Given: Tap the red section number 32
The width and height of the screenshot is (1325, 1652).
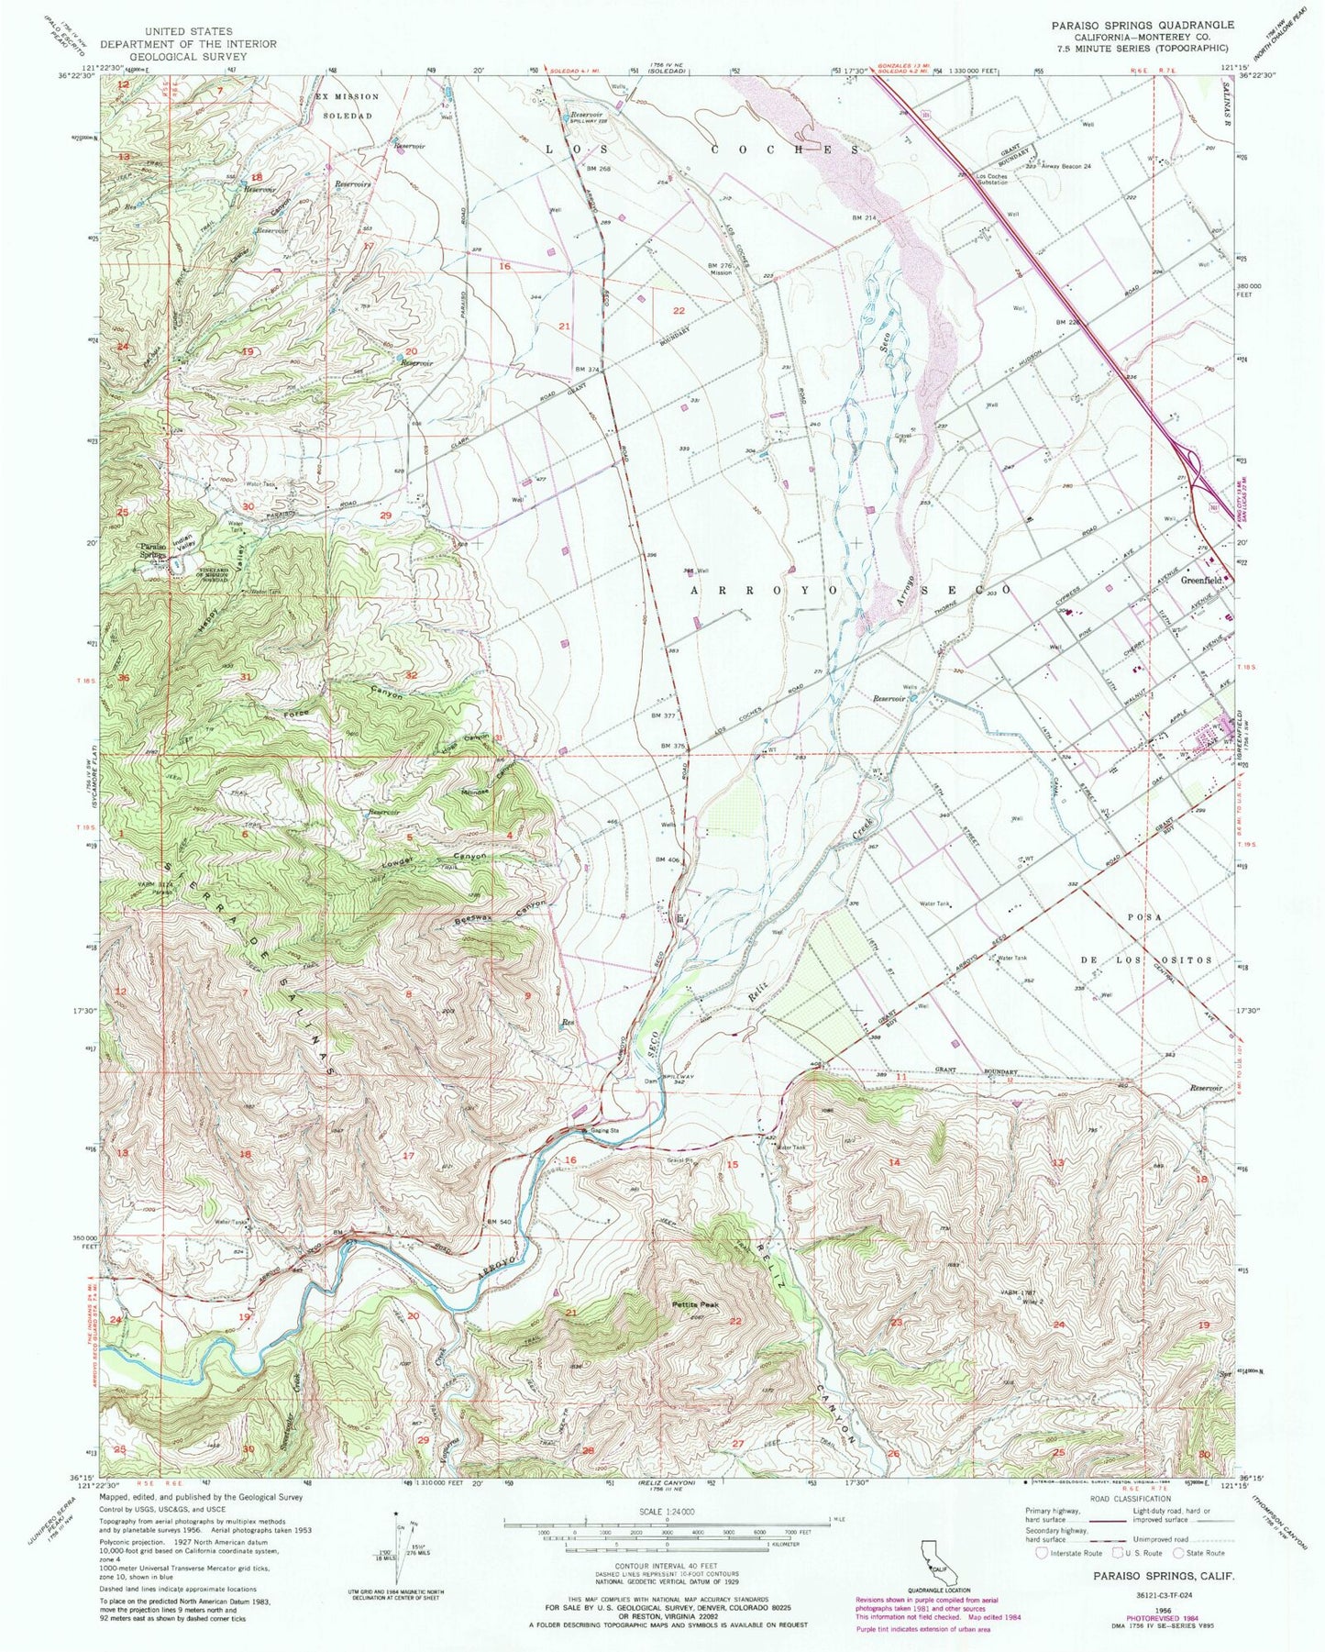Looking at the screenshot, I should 411,675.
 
